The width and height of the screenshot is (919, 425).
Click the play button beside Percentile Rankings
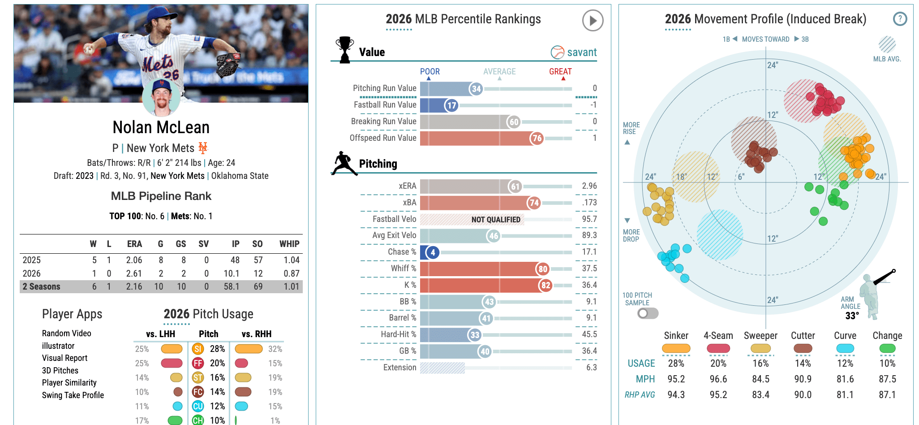point(593,21)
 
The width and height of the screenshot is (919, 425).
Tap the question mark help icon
point(900,19)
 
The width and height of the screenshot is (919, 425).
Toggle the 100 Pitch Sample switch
point(648,313)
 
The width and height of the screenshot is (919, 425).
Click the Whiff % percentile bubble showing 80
point(543,269)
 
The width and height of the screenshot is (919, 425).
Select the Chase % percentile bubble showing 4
point(433,252)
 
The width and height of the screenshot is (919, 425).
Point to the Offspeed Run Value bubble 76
point(537,139)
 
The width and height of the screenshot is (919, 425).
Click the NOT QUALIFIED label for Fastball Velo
point(496,220)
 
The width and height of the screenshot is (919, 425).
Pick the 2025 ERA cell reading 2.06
point(134,260)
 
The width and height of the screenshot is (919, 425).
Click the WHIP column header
point(289,244)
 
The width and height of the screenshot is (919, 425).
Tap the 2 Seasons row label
point(41,286)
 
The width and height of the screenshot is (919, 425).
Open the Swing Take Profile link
point(73,395)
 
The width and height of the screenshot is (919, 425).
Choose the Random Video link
point(67,333)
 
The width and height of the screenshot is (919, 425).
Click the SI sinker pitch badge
point(198,349)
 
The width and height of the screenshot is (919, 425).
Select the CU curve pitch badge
point(198,406)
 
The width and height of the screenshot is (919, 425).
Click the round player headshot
point(161,97)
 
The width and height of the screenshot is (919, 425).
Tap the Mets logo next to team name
point(203,147)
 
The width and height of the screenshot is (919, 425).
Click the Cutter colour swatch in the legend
point(803,348)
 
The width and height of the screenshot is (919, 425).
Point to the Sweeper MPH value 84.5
point(760,379)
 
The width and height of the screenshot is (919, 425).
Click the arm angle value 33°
point(852,316)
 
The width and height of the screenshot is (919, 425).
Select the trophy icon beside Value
point(344,49)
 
